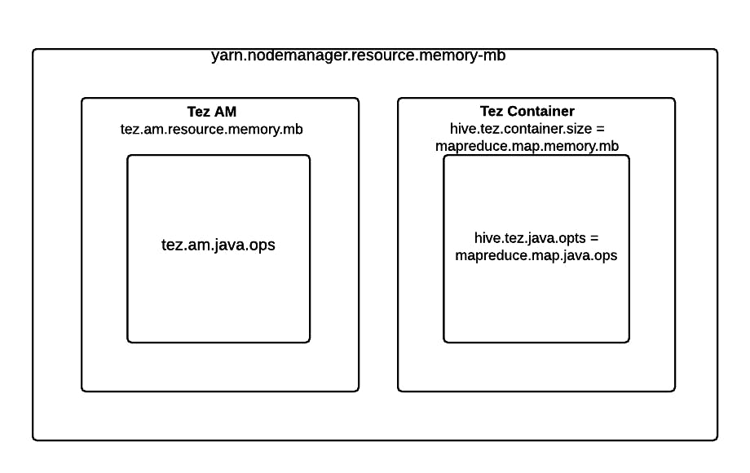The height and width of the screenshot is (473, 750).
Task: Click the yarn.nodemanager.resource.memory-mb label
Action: (x=358, y=55)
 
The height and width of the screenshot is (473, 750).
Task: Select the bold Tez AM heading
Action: (x=212, y=112)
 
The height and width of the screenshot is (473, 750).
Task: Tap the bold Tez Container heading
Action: (x=527, y=111)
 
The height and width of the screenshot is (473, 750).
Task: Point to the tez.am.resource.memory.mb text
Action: (x=211, y=129)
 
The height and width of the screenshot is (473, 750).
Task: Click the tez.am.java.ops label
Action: (x=218, y=245)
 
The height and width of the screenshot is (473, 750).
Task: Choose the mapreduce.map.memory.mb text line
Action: (x=527, y=146)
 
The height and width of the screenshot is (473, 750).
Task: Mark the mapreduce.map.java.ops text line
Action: (x=536, y=255)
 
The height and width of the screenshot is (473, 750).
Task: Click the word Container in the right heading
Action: (x=541, y=111)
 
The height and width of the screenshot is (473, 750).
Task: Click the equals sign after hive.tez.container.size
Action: (x=600, y=129)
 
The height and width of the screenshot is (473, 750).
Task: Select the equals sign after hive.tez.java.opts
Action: (x=594, y=238)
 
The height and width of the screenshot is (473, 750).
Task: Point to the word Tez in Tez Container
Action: (x=492, y=111)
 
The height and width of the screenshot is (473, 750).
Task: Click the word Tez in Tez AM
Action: (x=198, y=112)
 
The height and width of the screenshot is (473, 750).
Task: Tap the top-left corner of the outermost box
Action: (x=33, y=49)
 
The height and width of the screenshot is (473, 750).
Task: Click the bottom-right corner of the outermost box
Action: (x=717, y=440)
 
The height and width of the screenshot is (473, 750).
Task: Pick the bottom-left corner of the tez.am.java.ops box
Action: (x=128, y=343)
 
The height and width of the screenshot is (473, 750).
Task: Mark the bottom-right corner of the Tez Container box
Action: (x=675, y=391)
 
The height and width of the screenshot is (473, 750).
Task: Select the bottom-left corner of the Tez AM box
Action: (x=82, y=391)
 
